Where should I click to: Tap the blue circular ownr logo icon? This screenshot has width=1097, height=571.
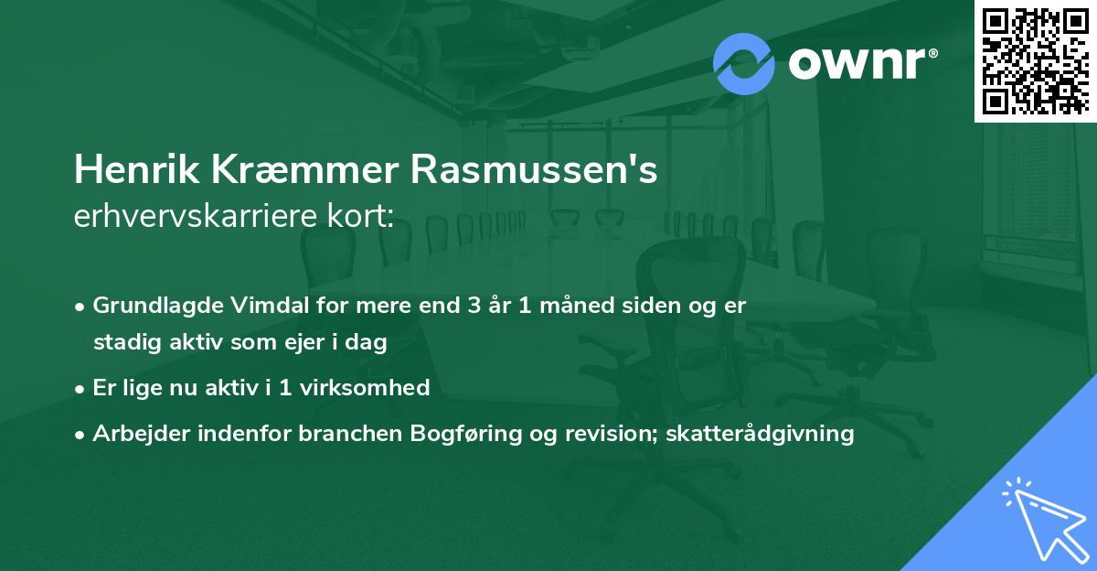click(744, 64)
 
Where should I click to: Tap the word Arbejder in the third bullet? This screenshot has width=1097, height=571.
click(134, 434)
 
